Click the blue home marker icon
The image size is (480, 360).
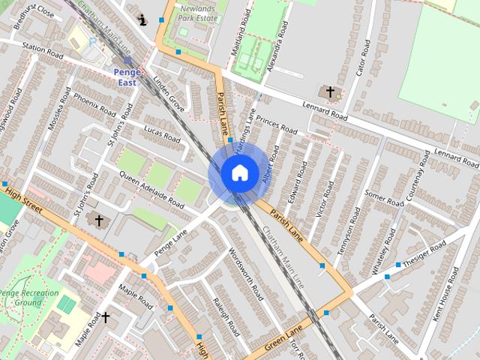pos(239,173)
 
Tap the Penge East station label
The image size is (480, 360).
pos(127,76)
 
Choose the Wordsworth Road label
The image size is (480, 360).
pos(246,271)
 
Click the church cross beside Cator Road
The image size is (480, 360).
pos(329,92)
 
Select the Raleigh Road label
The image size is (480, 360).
pos(224,316)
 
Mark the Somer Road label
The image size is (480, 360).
pos(383,197)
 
